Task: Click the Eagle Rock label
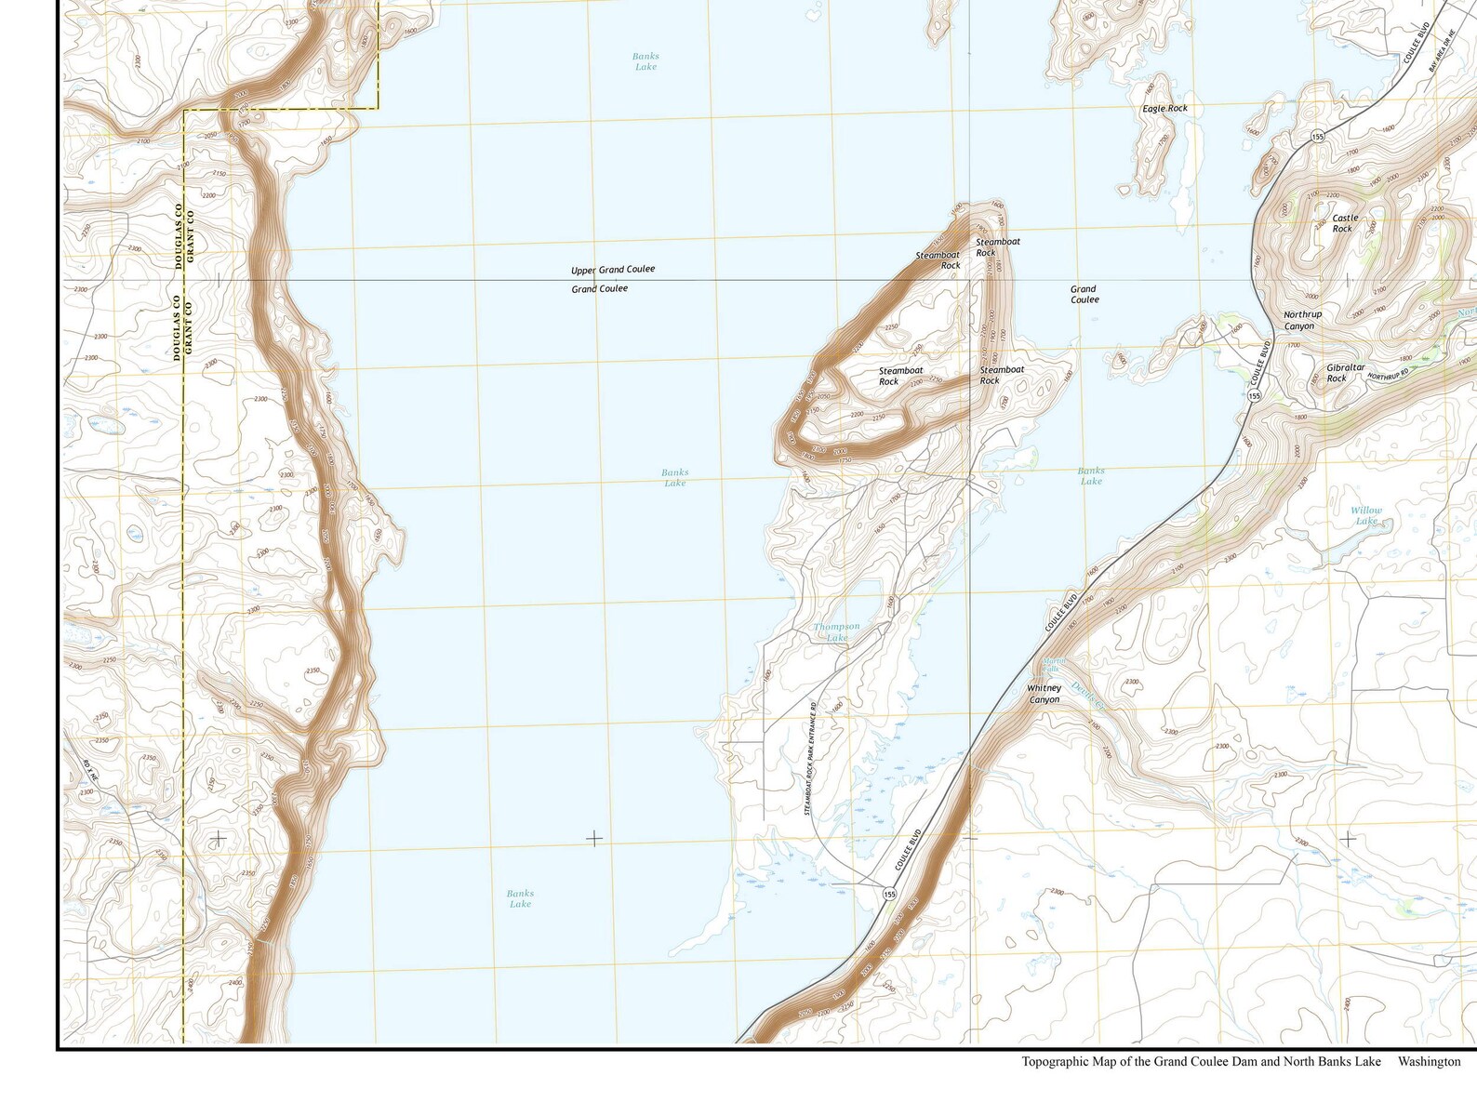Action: pyautogui.click(x=1164, y=109)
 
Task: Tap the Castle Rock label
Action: pyautogui.click(x=1344, y=223)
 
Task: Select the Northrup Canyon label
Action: pyautogui.click(x=1302, y=321)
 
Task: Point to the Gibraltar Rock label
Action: pyautogui.click(x=1345, y=373)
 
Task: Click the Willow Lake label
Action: pyautogui.click(x=1365, y=515)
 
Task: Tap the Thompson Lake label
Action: pyautogui.click(x=836, y=632)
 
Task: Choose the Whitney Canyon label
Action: pyautogui.click(x=1044, y=694)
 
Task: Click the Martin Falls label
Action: pyautogui.click(x=1050, y=664)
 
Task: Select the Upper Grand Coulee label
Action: pyautogui.click(x=612, y=270)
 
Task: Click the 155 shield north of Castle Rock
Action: pyautogui.click(x=1317, y=137)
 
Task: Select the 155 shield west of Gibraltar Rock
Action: pyautogui.click(x=1254, y=396)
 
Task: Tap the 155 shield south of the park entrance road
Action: pyautogui.click(x=889, y=894)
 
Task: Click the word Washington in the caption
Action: pyautogui.click(x=1429, y=1061)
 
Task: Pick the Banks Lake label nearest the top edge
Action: pyautogui.click(x=645, y=61)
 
